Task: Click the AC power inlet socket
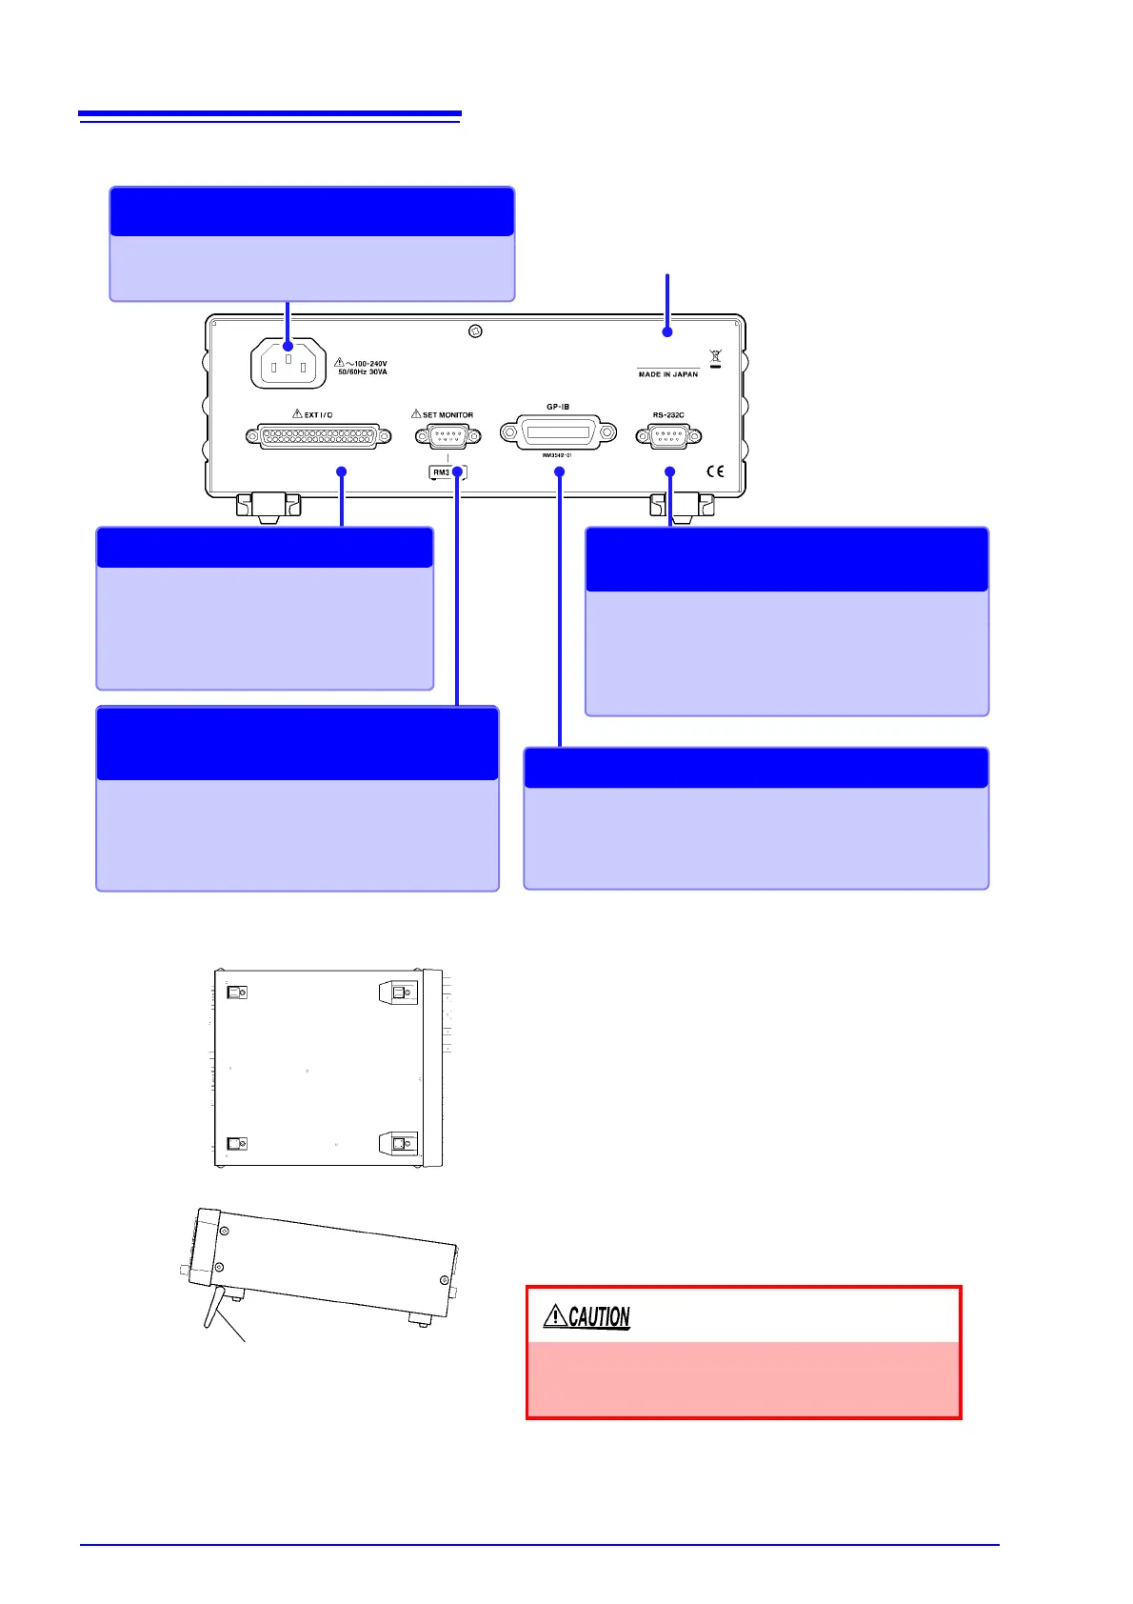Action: click(x=288, y=365)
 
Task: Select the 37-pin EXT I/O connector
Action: click(x=318, y=436)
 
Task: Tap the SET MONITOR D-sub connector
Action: click(x=447, y=436)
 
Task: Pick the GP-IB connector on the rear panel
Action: click(x=558, y=432)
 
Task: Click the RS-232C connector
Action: click(x=668, y=436)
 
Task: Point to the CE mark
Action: click(x=715, y=471)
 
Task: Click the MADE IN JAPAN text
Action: click(x=667, y=374)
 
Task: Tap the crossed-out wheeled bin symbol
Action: click(x=716, y=358)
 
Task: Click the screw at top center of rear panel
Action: click(x=476, y=331)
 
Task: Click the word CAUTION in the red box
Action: click(x=599, y=1317)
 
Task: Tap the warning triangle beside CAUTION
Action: click(x=554, y=1317)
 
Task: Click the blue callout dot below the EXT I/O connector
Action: click(x=342, y=471)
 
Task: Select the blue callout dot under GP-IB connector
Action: click(x=560, y=471)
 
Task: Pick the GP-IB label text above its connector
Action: click(x=558, y=407)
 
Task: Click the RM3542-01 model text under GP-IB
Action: click(x=557, y=456)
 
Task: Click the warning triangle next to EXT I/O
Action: click(x=297, y=414)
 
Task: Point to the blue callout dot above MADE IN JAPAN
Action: click(x=667, y=331)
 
